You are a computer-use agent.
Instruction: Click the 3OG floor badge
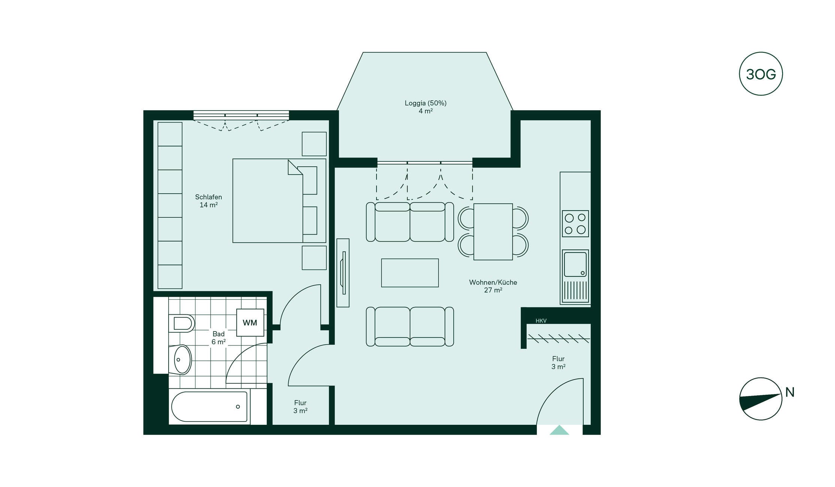click(760, 74)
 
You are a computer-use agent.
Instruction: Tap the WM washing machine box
click(250, 323)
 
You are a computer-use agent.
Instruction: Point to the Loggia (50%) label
click(426, 103)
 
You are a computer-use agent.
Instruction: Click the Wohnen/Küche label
click(493, 282)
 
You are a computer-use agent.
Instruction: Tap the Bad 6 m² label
click(218, 338)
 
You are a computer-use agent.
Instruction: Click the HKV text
click(541, 321)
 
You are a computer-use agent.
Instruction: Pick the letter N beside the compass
click(790, 392)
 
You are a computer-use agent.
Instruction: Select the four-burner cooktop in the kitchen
click(575, 224)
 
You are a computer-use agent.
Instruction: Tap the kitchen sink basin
click(575, 264)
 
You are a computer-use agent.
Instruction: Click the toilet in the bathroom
click(181, 323)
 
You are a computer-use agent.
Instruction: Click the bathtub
click(209, 406)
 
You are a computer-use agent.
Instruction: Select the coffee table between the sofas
click(410, 273)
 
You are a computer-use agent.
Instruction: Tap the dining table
click(493, 232)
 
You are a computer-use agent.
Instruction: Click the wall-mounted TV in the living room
click(343, 273)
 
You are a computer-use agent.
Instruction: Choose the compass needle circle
click(760, 399)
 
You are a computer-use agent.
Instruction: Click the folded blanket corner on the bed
click(295, 167)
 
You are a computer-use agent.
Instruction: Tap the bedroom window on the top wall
click(241, 115)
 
